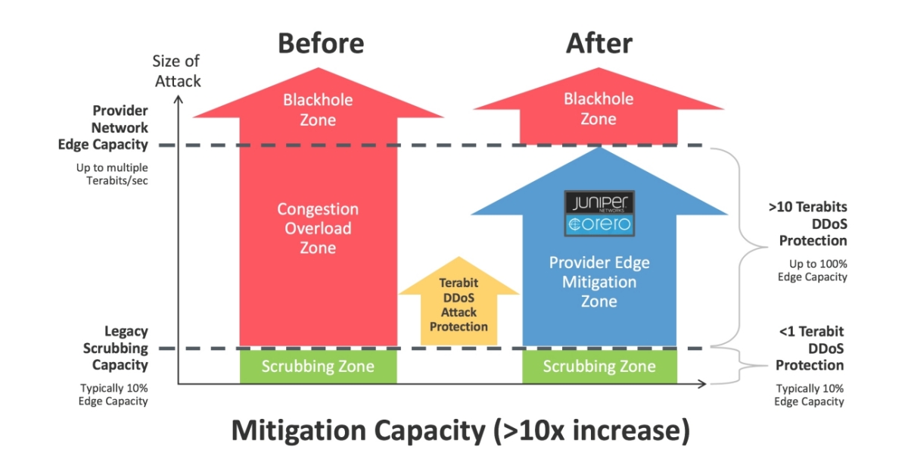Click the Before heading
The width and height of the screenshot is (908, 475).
pyautogui.click(x=321, y=43)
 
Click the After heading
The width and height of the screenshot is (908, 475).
pyautogui.click(x=599, y=43)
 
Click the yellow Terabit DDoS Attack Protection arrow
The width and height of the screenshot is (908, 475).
pyautogui.click(x=459, y=304)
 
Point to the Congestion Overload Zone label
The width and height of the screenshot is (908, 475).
pyautogui.click(x=318, y=228)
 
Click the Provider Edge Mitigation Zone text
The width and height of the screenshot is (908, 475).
pyautogui.click(x=599, y=282)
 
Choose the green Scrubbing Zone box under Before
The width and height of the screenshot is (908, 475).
pyautogui.click(x=318, y=367)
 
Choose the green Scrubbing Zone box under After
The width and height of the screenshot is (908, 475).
pyautogui.click(x=599, y=367)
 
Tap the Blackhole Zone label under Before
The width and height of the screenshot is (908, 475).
pyautogui.click(x=318, y=109)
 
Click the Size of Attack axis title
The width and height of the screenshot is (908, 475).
pyautogui.click(x=177, y=70)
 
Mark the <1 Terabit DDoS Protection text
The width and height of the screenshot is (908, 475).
pyautogui.click(x=810, y=348)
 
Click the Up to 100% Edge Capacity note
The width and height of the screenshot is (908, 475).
pyautogui.click(x=812, y=270)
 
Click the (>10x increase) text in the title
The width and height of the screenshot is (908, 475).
pyautogui.click(x=591, y=431)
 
